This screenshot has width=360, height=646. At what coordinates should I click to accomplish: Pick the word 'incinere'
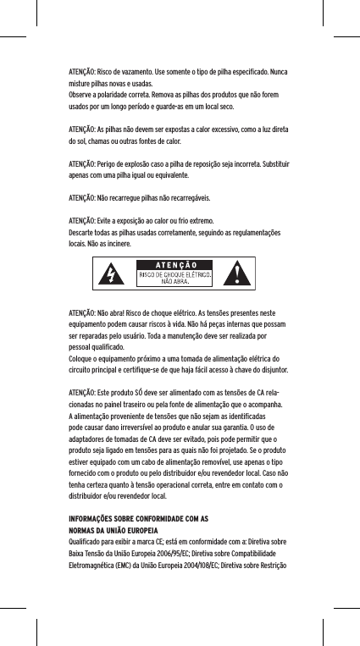(115, 243)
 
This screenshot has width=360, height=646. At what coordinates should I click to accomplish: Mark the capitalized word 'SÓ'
(141, 394)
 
